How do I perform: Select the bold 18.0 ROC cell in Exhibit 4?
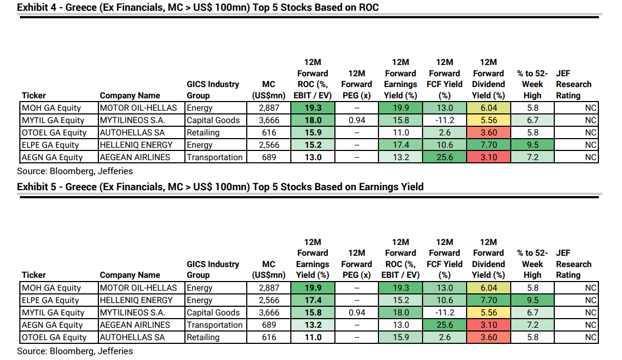[x=312, y=120]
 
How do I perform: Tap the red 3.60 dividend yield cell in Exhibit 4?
[x=489, y=133]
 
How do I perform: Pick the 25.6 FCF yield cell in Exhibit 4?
[x=445, y=157]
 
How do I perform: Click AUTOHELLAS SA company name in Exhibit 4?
[x=132, y=133]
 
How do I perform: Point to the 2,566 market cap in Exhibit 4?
[x=268, y=145]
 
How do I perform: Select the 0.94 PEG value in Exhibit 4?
[x=356, y=120]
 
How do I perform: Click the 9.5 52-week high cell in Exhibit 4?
[x=532, y=145]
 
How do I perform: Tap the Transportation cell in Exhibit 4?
[x=215, y=157]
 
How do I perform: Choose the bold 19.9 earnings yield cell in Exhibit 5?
[x=312, y=288]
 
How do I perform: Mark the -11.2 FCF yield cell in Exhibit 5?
[x=445, y=313]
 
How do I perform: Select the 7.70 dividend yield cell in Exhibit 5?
[x=489, y=300]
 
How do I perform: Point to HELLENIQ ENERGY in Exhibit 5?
[x=136, y=300]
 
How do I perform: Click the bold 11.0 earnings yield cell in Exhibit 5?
[x=312, y=337]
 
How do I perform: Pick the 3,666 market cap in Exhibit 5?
[x=268, y=313]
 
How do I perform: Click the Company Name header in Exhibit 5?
[x=130, y=275]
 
